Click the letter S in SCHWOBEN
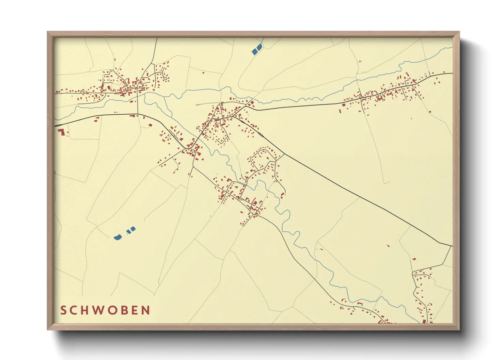coord(63,310)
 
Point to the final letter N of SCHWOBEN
coord(146,310)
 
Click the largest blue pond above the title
coord(118,237)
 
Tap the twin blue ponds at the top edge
coord(257,49)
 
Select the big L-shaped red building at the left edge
coord(61,132)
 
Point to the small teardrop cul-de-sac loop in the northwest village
coord(165,78)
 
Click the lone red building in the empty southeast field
coord(388,245)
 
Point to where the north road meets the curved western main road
coord(138,114)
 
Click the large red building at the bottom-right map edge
coord(424,321)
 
